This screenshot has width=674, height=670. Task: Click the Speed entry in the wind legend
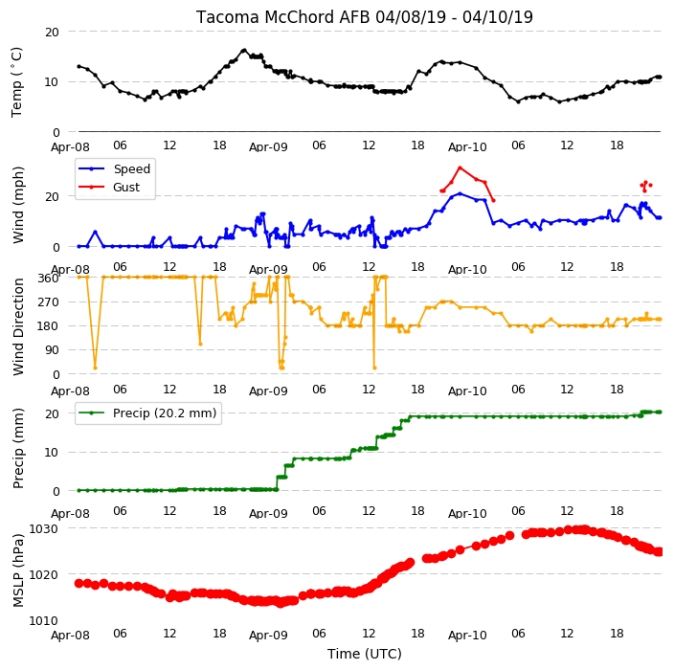(x=131, y=168)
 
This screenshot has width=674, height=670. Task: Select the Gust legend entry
(x=126, y=187)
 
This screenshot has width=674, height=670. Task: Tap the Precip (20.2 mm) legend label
(x=165, y=413)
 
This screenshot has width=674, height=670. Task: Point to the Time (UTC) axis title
(x=365, y=654)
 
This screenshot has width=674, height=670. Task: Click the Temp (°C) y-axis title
(x=17, y=82)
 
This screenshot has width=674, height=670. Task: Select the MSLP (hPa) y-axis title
(x=17, y=570)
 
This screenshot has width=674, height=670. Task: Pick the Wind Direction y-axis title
(x=18, y=326)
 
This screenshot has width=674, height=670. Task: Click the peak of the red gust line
(x=460, y=167)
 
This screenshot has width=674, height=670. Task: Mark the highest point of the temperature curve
(x=244, y=51)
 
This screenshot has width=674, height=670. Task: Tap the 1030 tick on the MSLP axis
(x=43, y=528)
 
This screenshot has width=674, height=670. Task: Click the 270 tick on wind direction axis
(x=49, y=302)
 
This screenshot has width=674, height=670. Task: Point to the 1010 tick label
(x=43, y=620)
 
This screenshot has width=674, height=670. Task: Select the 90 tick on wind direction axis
(x=52, y=350)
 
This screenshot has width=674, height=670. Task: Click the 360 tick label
(x=49, y=279)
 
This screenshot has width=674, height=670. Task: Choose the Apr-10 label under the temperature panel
(x=467, y=147)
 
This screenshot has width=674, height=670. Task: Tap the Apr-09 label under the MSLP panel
(x=268, y=636)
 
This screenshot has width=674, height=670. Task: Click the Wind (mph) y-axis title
(x=17, y=206)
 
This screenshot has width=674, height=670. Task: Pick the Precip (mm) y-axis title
(x=17, y=448)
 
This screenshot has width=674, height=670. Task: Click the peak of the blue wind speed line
(x=460, y=194)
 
